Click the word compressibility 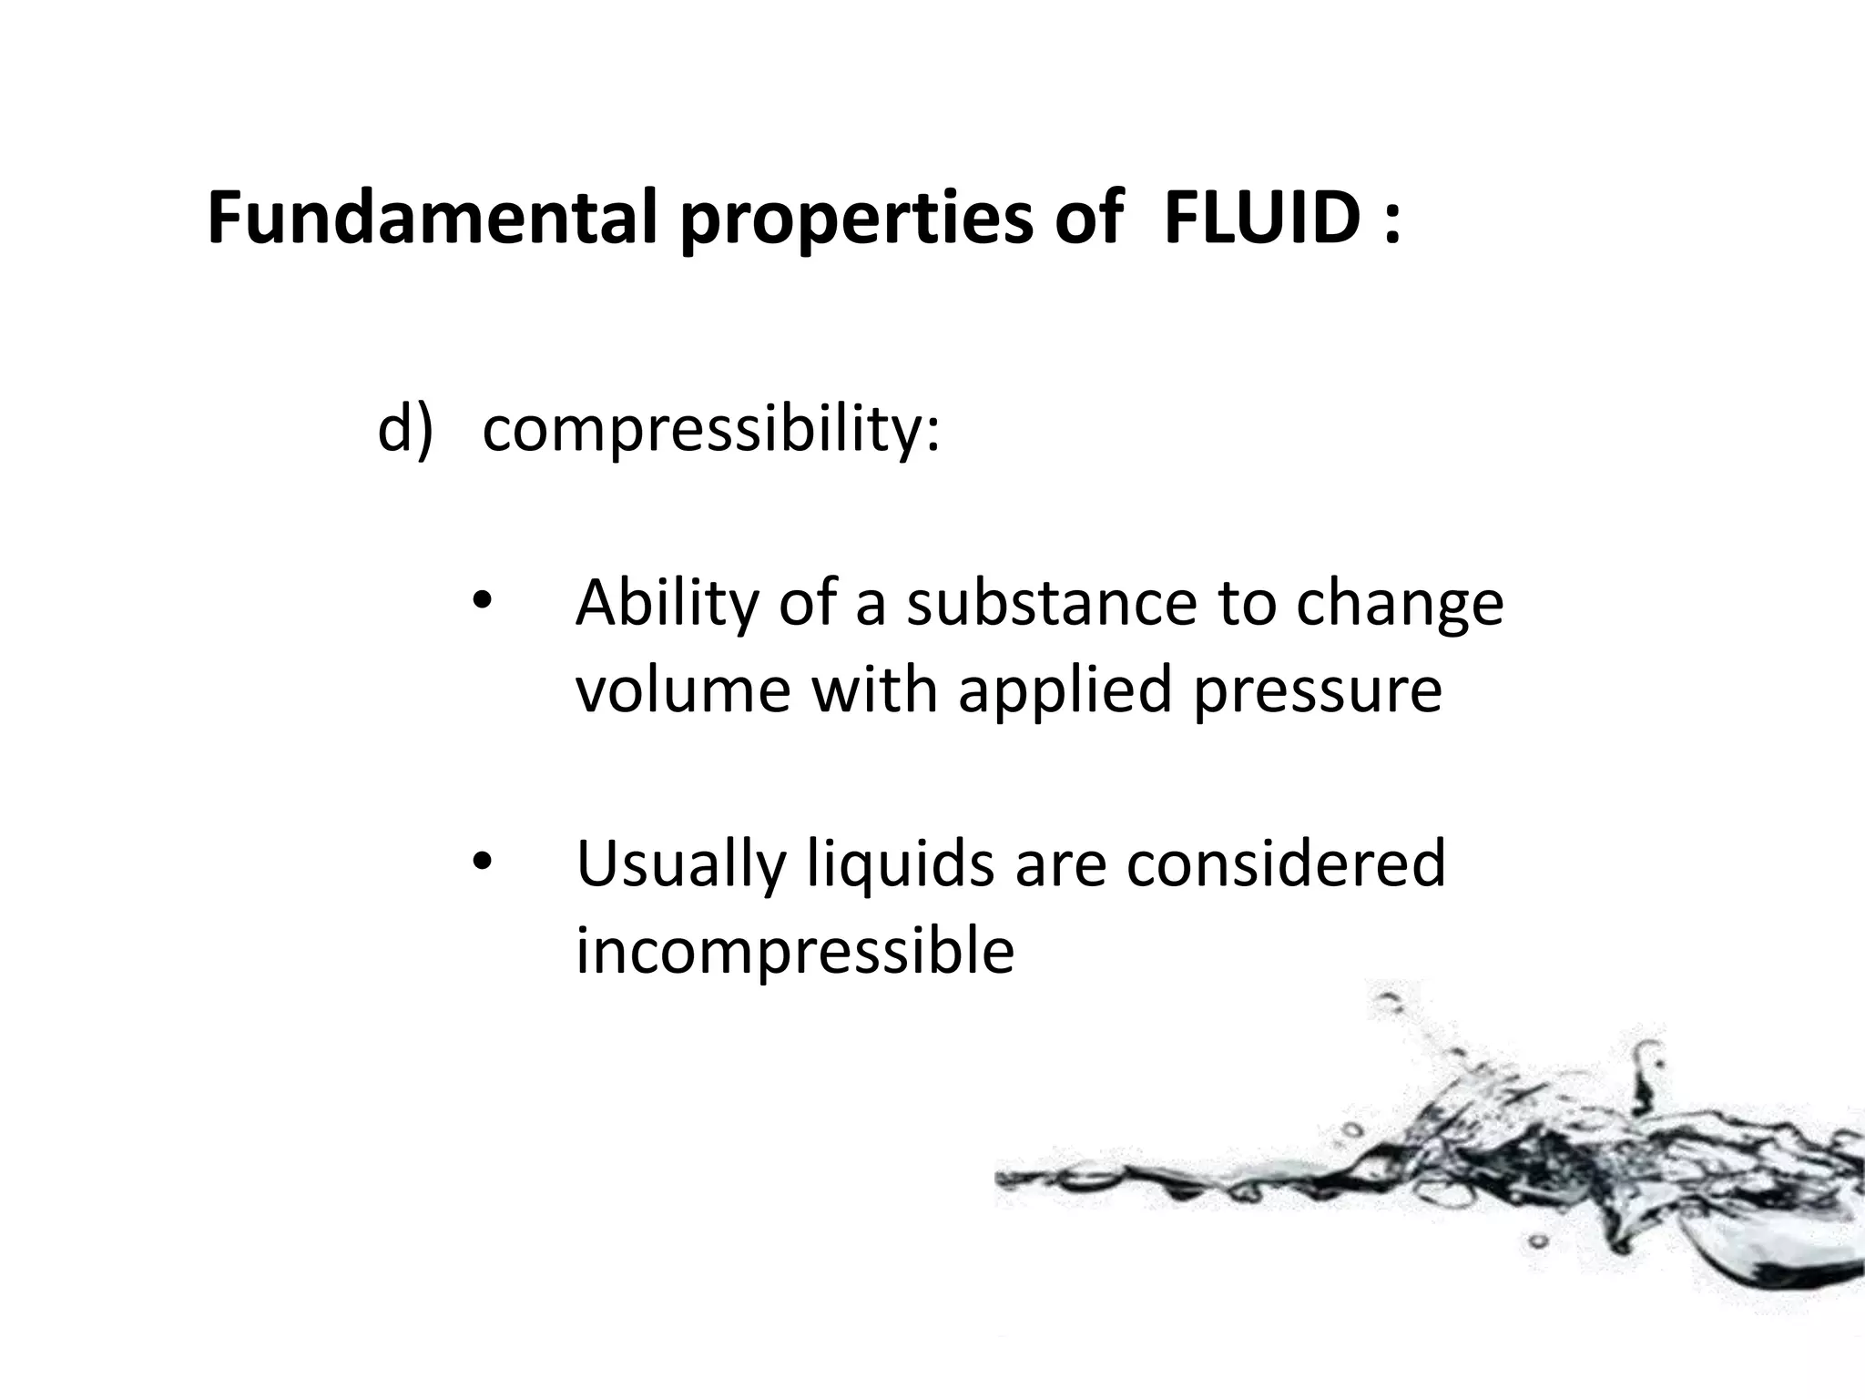point(710,430)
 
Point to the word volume point(683,689)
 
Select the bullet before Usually point(481,861)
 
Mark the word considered point(1286,863)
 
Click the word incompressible point(795,950)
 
